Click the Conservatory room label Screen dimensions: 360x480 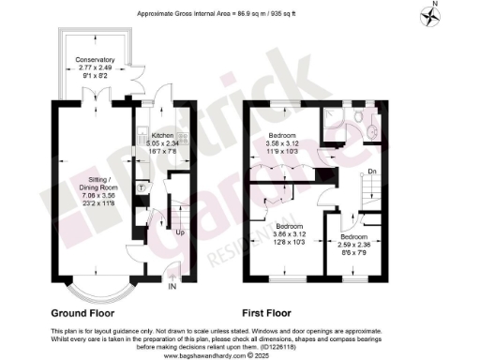(x=94, y=61)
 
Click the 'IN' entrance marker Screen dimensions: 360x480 (x=172, y=289)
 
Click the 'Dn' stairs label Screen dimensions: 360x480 (x=372, y=171)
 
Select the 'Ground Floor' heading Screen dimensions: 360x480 (x=82, y=310)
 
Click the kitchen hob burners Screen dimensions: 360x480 (x=184, y=138)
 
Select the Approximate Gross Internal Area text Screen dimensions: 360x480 (x=240, y=15)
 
